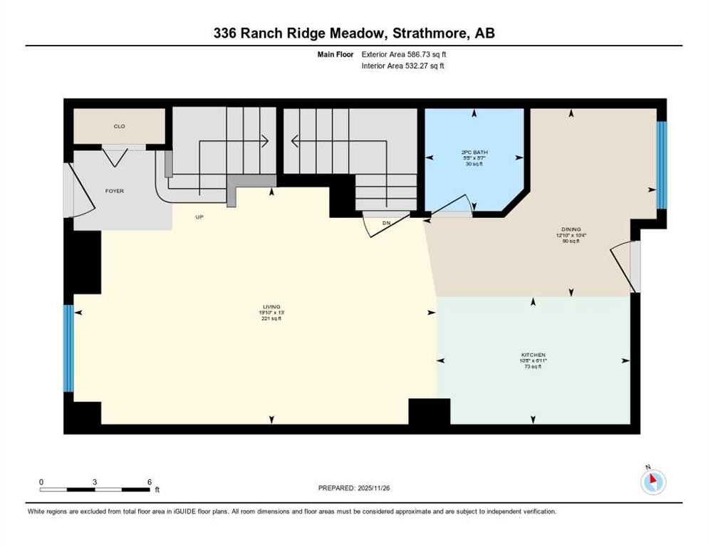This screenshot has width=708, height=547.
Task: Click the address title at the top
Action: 354,33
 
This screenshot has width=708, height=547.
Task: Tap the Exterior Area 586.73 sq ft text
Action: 404,54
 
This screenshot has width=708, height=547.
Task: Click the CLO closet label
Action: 120,126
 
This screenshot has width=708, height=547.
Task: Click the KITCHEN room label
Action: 533,355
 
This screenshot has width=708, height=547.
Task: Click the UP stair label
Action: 200,217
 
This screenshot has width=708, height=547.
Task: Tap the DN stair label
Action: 387,223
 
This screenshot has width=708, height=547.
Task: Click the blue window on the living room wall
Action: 69,348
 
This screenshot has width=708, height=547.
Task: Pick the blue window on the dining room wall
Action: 661,165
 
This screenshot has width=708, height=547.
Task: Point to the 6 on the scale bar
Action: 150,481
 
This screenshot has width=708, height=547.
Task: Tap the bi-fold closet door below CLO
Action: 115,152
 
